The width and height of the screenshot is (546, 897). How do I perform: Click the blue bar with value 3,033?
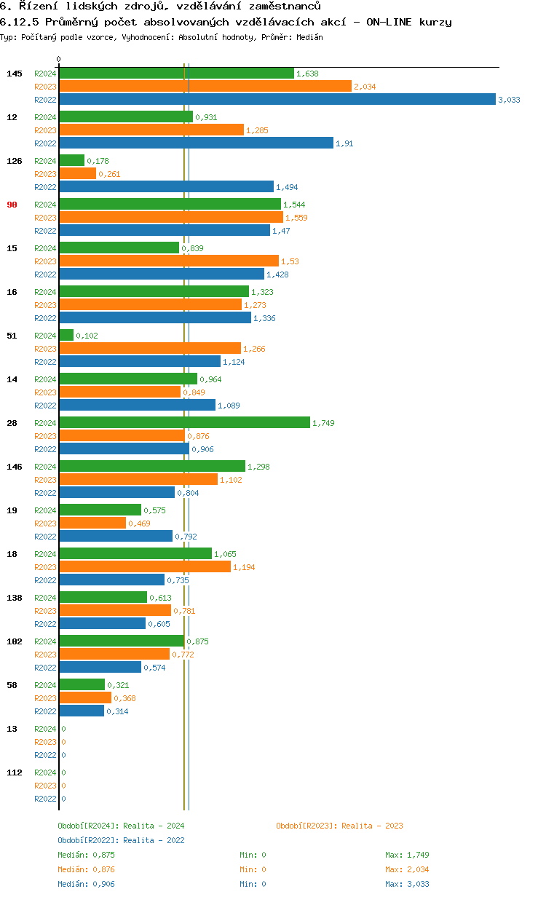[277, 100]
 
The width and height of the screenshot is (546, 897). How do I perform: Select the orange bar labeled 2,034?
[205, 87]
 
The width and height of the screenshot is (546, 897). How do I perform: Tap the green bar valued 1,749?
[184, 423]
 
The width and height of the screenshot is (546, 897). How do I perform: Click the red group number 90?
[12, 205]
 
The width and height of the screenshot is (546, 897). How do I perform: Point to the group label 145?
[15, 74]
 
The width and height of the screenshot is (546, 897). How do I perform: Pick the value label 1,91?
[344, 143]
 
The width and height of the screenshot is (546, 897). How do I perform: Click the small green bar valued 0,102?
[66, 336]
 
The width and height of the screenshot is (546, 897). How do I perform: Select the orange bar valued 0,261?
[77, 174]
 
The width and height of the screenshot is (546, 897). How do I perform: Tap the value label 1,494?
[287, 187]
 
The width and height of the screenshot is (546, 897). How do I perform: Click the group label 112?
[15, 772]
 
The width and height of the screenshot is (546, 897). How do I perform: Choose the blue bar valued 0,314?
[82, 711]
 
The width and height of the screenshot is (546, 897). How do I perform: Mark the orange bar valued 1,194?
[145, 567]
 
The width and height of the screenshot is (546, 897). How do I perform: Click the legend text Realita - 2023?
[372, 826]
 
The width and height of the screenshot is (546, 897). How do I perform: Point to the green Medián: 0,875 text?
[86, 855]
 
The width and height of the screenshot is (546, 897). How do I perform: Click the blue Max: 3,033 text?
[407, 884]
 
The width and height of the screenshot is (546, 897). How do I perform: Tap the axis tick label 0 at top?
[59, 59]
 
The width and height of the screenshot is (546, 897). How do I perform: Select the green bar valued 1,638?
[177, 74]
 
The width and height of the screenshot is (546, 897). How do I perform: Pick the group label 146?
[15, 467]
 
